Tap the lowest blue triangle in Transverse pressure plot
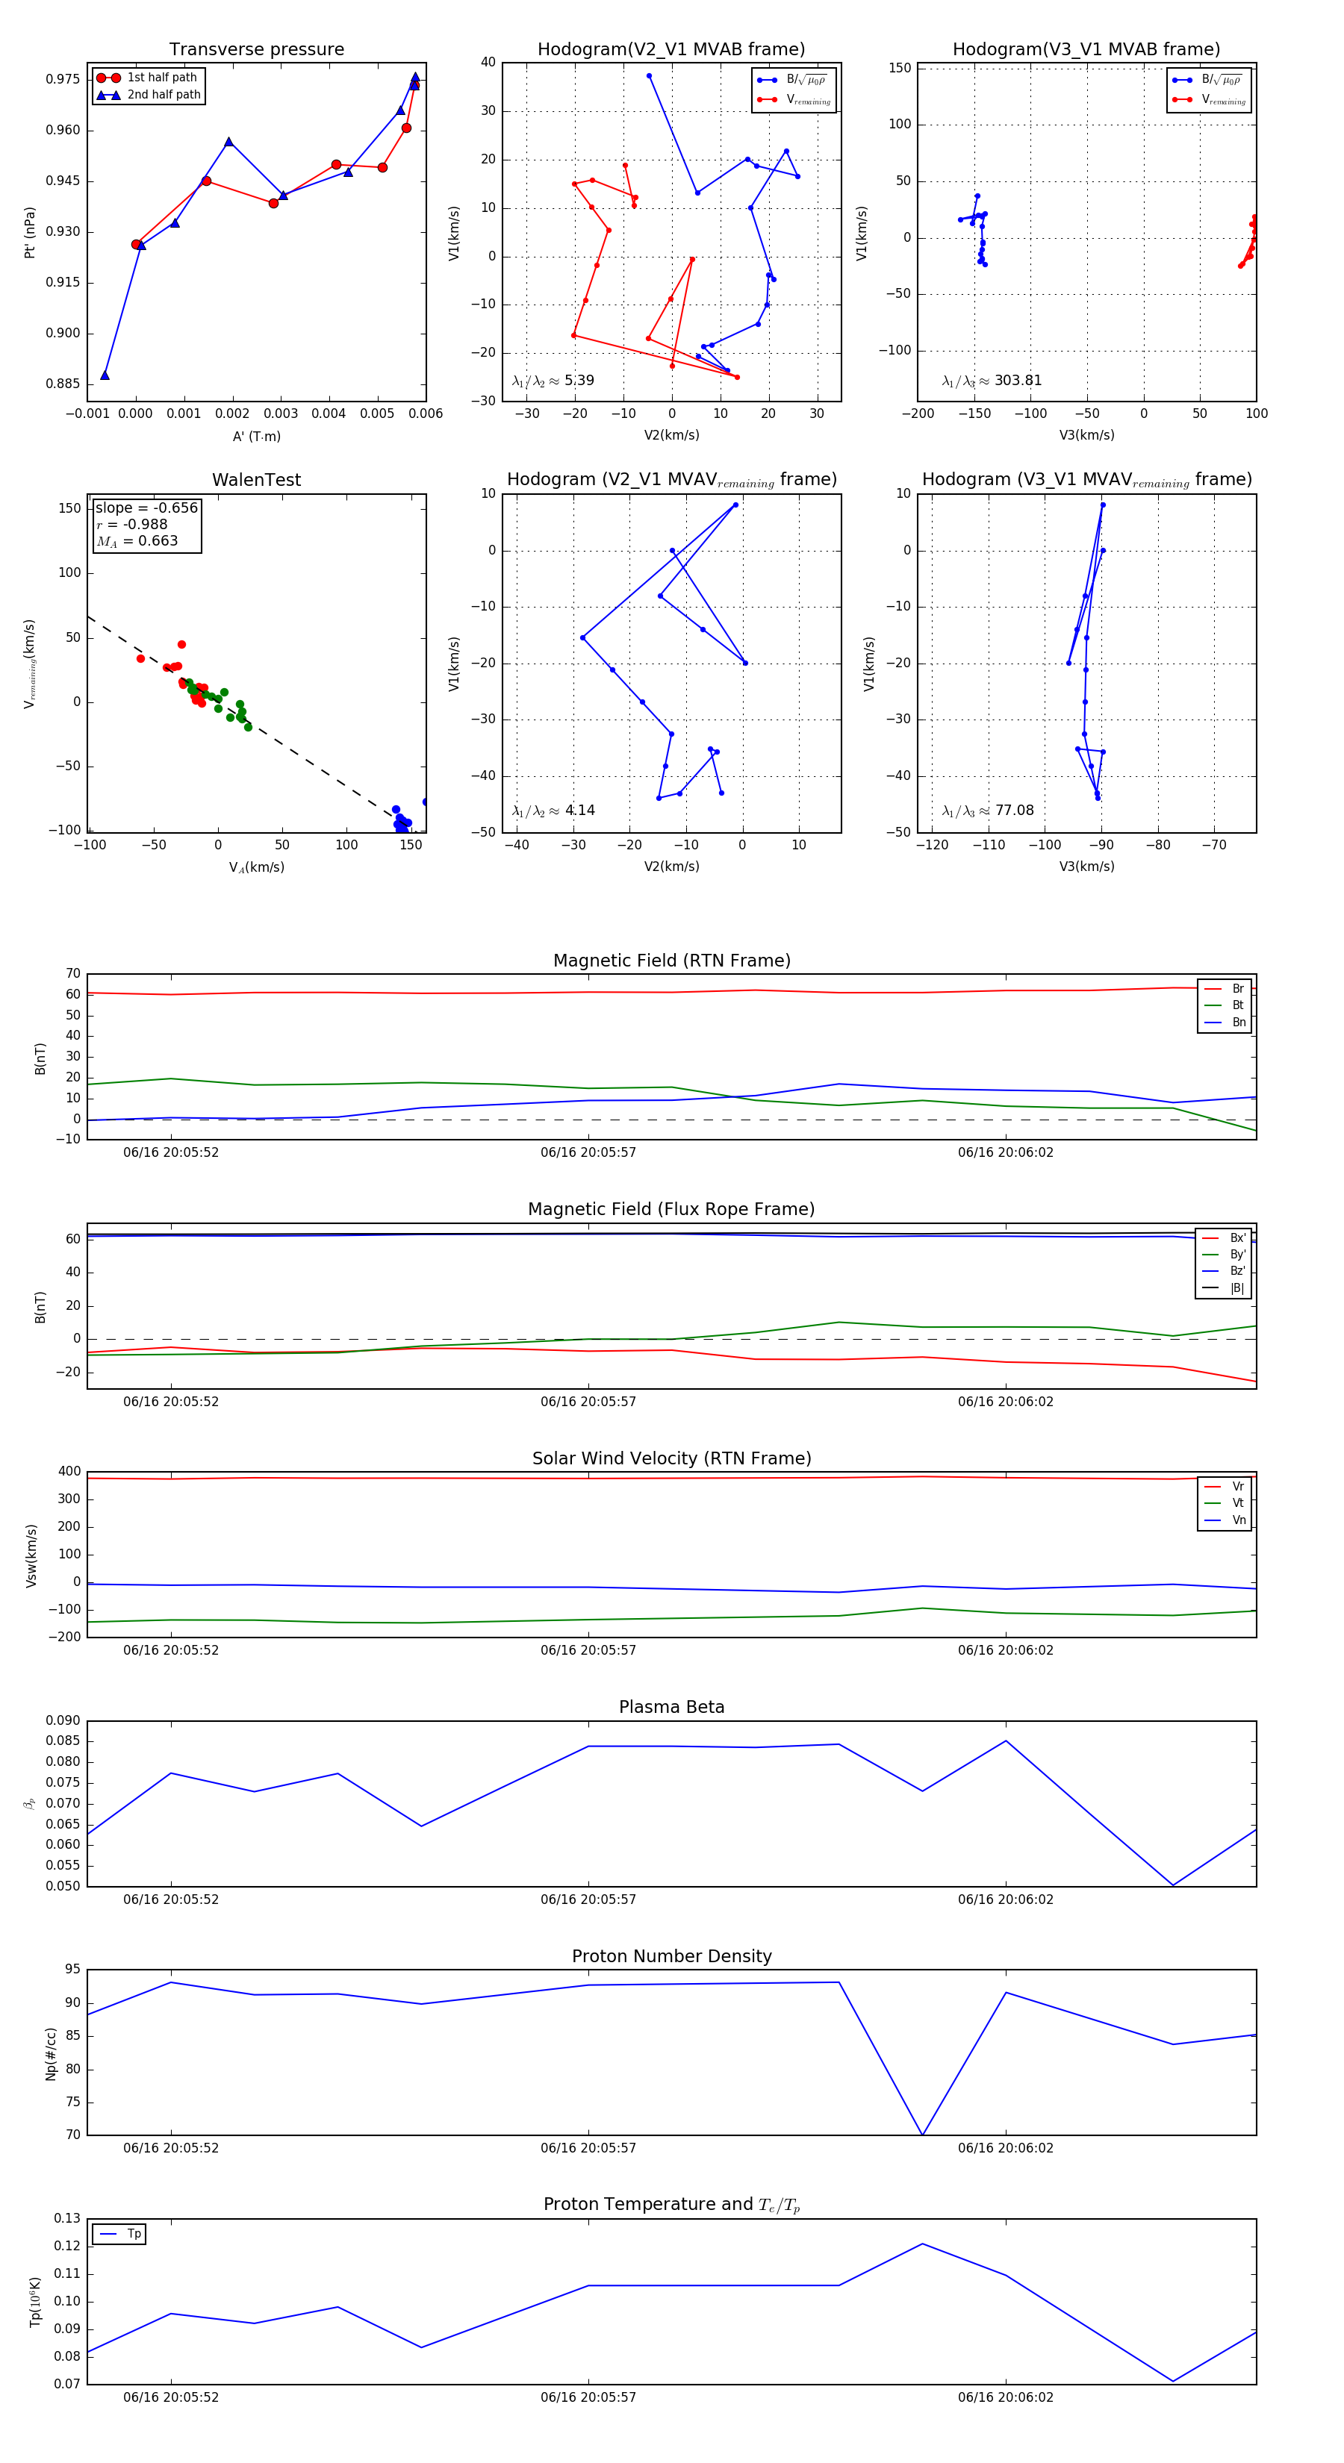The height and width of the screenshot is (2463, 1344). click(105, 375)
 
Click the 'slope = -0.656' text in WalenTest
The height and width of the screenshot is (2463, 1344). click(146, 508)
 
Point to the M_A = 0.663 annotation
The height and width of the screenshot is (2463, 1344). click(137, 541)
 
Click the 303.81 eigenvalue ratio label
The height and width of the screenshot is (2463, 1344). click(992, 381)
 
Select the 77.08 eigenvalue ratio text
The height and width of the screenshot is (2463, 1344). click(988, 811)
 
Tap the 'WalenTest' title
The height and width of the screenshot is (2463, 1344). click(256, 480)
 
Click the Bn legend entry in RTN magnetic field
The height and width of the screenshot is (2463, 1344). click(1238, 1022)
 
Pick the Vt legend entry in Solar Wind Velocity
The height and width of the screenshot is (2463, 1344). click(1238, 1503)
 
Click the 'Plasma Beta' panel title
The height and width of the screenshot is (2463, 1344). click(671, 1708)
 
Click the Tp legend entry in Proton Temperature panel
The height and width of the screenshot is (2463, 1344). click(133, 2235)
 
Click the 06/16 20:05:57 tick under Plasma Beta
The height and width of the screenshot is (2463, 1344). click(588, 1899)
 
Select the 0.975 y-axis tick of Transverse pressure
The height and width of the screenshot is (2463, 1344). click(63, 79)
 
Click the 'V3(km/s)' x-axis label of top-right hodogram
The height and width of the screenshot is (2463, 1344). click(1086, 435)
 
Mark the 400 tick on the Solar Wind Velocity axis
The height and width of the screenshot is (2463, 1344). click(69, 1472)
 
